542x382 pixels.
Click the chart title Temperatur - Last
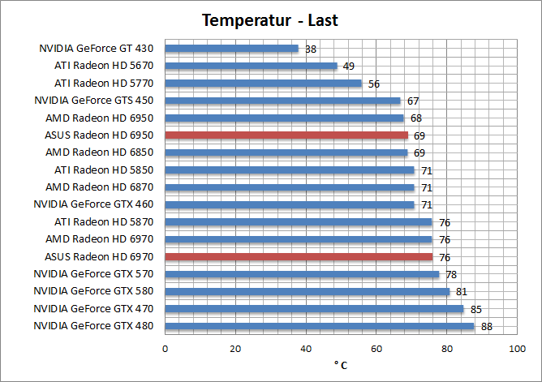pos(270,19)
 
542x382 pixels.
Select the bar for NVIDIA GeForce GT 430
pos(232,49)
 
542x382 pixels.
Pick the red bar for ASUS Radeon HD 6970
pos(299,257)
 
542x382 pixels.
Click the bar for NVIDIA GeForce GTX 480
pos(320,327)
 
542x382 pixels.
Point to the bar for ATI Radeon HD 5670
pos(252,66)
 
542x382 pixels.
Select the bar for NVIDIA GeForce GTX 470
pos(315,309)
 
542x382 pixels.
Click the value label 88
pos(486,327)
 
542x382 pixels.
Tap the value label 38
pos(311,49)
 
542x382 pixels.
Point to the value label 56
pos(374,84)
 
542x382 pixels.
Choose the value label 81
pos(461,292)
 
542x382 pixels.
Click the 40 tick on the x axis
pos(306,349)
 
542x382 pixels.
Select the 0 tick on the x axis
pos(166,349)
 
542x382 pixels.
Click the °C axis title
pos(341,365)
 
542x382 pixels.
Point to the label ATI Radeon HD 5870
pos(104,221)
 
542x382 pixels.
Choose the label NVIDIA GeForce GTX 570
pos(93,274)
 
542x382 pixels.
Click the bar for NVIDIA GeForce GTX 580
pos(308,292)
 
